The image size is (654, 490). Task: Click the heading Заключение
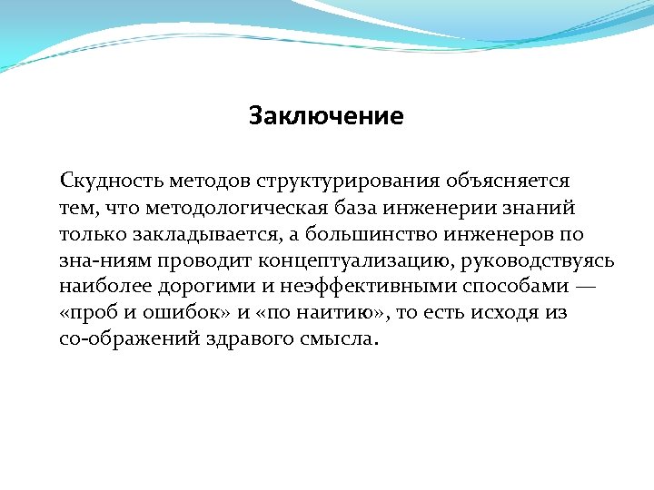[326, 117]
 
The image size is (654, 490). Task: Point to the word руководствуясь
[540, 261]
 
